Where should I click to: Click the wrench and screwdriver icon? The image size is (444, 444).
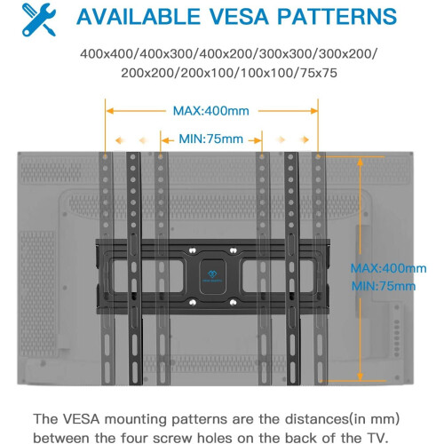pyautogui.click(x=39, y=20)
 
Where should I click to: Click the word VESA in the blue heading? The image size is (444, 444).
pyautogui.click(x=239, y=16)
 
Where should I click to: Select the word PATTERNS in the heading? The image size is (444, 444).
pyautogui.click(x=337, y=16)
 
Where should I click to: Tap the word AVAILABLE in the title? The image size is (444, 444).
pyautogui.click(x=139, y=16)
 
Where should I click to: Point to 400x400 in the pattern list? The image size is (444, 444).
pyautogui.click(x=107, y=54)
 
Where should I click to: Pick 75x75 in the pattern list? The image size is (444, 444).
pyautogui.click(x=319, y=73)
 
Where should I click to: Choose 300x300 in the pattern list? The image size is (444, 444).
pyautogui.click(x=286, y=54)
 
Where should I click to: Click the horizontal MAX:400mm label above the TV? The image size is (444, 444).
pyautogui.click(x=211, y=111)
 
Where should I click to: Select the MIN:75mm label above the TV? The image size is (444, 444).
pyautogui.click(x=211, y=139)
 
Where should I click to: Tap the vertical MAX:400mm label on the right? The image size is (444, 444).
pyautogui.click(x=388, y=268)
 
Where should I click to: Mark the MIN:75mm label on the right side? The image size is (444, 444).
pyautogui.click(x=384, y=286)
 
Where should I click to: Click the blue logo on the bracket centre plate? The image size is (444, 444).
pyautogui.click(x=212, y=276)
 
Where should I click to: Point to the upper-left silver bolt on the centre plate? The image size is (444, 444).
pyautogui.click(x=193, y=250)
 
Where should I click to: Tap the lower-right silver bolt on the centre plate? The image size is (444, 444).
pyautogui.click(x=233, y=303)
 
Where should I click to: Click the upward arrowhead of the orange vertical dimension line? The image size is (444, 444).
pyautogui.click(x=360, y=162)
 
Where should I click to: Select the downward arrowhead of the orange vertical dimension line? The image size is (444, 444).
pyautogui.click(x=360, y=377)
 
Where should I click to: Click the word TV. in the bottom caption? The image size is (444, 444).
pyautogui.click(x=376, y=438)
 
